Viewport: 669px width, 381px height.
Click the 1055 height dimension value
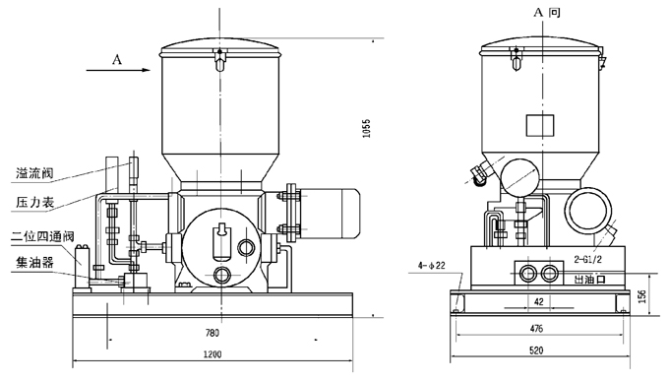(366, 128)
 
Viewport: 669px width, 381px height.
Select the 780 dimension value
(212, 333)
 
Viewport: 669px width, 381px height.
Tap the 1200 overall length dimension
(213, 354)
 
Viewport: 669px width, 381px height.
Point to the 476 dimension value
(536, 329)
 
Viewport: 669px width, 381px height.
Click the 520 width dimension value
(536, 350)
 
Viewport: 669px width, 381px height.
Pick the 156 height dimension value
(642, 295)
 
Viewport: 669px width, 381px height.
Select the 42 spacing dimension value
(539, 301)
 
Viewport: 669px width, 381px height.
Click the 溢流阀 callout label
(34, 173)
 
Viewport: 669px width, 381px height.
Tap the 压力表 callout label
(35, 202)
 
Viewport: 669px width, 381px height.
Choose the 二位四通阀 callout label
(42, 236)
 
